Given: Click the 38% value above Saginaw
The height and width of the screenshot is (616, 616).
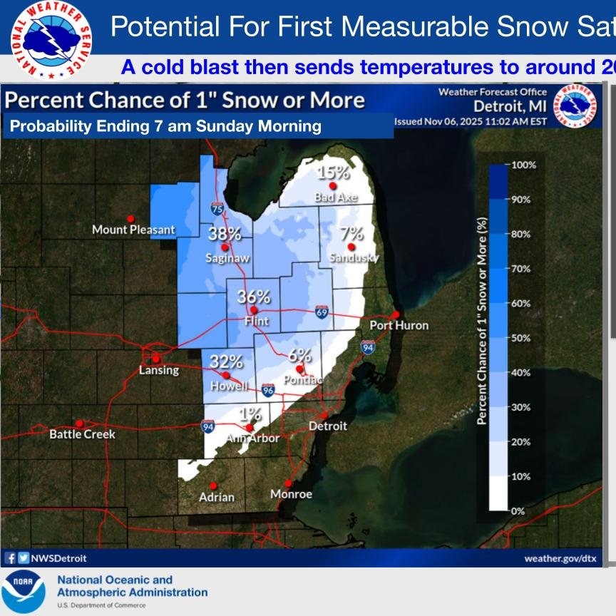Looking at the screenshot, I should [x=225, y=234].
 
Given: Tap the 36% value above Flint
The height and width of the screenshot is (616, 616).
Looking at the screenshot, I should [x=254, y=297].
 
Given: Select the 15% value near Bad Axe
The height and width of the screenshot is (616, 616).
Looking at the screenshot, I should [x=334, y=173].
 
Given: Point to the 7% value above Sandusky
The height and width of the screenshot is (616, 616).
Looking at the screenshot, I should [x=351, y=234].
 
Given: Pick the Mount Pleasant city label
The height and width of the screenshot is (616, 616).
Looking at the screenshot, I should [x=133, y=230].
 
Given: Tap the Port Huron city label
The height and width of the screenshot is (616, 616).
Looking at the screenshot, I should [x=399, y=325].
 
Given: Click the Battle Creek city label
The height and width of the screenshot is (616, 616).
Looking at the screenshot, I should [x=82, y=433].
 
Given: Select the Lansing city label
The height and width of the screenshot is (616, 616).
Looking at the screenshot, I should [x=156, y=370].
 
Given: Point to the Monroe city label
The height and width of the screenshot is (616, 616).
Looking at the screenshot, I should [x=291, y=494].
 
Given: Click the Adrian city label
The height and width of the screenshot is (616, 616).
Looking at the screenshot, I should [x=217, y=496].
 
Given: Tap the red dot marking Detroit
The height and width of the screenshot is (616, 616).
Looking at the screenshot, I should [x=324, y=415].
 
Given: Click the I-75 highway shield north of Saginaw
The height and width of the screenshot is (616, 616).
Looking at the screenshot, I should [x=217, y=208].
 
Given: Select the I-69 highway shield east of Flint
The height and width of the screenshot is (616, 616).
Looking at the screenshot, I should [x=322, y=312].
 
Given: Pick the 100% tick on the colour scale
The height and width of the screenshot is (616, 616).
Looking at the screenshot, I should [x=524, y=165].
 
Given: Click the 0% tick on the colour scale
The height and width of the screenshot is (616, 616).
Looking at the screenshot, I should [x=518, y=511].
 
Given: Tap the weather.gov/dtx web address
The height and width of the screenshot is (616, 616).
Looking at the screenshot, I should [x=560, y=558].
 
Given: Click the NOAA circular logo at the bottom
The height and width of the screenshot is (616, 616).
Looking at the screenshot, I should [x=24, y=592].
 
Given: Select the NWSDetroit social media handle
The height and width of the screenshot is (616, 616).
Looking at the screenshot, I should [x=55, y=558].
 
